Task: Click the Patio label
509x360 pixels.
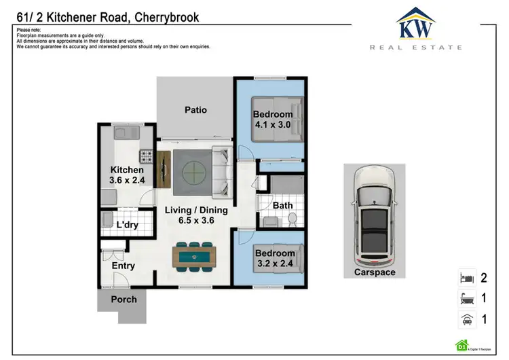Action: pos(195,109)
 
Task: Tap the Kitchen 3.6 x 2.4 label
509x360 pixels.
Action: pos(127,175)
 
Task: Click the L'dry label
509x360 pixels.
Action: pos(128,225)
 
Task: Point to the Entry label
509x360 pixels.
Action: pos(123,266)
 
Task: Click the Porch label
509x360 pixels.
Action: pos(124,299)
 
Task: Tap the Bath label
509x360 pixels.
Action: pos(282,205)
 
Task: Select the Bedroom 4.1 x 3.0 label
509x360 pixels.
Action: pos(274,120)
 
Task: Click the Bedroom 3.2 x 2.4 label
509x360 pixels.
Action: pos(274,259)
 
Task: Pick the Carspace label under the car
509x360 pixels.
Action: pos(374,272)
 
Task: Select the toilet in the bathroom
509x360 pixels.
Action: pos(293,219)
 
